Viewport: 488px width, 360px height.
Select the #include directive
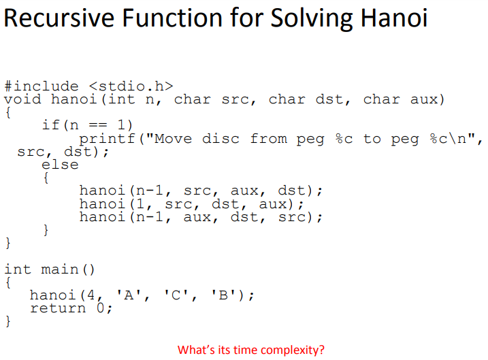point(42,86)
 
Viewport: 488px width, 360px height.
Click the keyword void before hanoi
point(23,100)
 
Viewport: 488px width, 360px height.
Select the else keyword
point(60,165)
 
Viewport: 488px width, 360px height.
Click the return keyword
point(58,308)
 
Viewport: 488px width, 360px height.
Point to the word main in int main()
point(60,269)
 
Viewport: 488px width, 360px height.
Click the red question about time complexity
point(251,350)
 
